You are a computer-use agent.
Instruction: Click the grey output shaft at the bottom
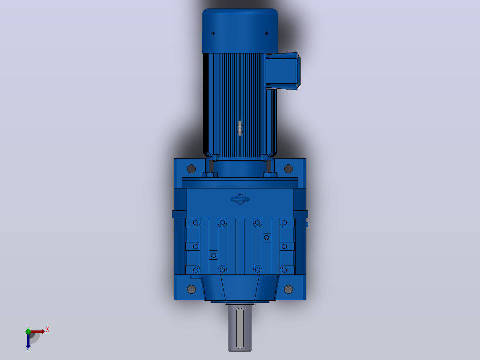pos(240,328)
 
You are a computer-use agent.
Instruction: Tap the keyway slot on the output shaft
pos(240,328)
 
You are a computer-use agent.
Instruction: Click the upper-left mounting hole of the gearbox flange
pos(191,168)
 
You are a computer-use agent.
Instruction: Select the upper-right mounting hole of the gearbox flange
pos(289,168)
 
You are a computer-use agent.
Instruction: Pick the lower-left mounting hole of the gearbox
pos(191,289)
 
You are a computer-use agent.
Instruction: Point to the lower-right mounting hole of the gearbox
pos(289,289)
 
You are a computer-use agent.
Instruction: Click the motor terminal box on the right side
pos(283,71)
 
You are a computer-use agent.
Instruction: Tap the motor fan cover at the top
pos(240,31)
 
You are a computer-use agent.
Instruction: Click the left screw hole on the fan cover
pos(213,33)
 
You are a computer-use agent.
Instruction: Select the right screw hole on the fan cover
pos(267,33)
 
